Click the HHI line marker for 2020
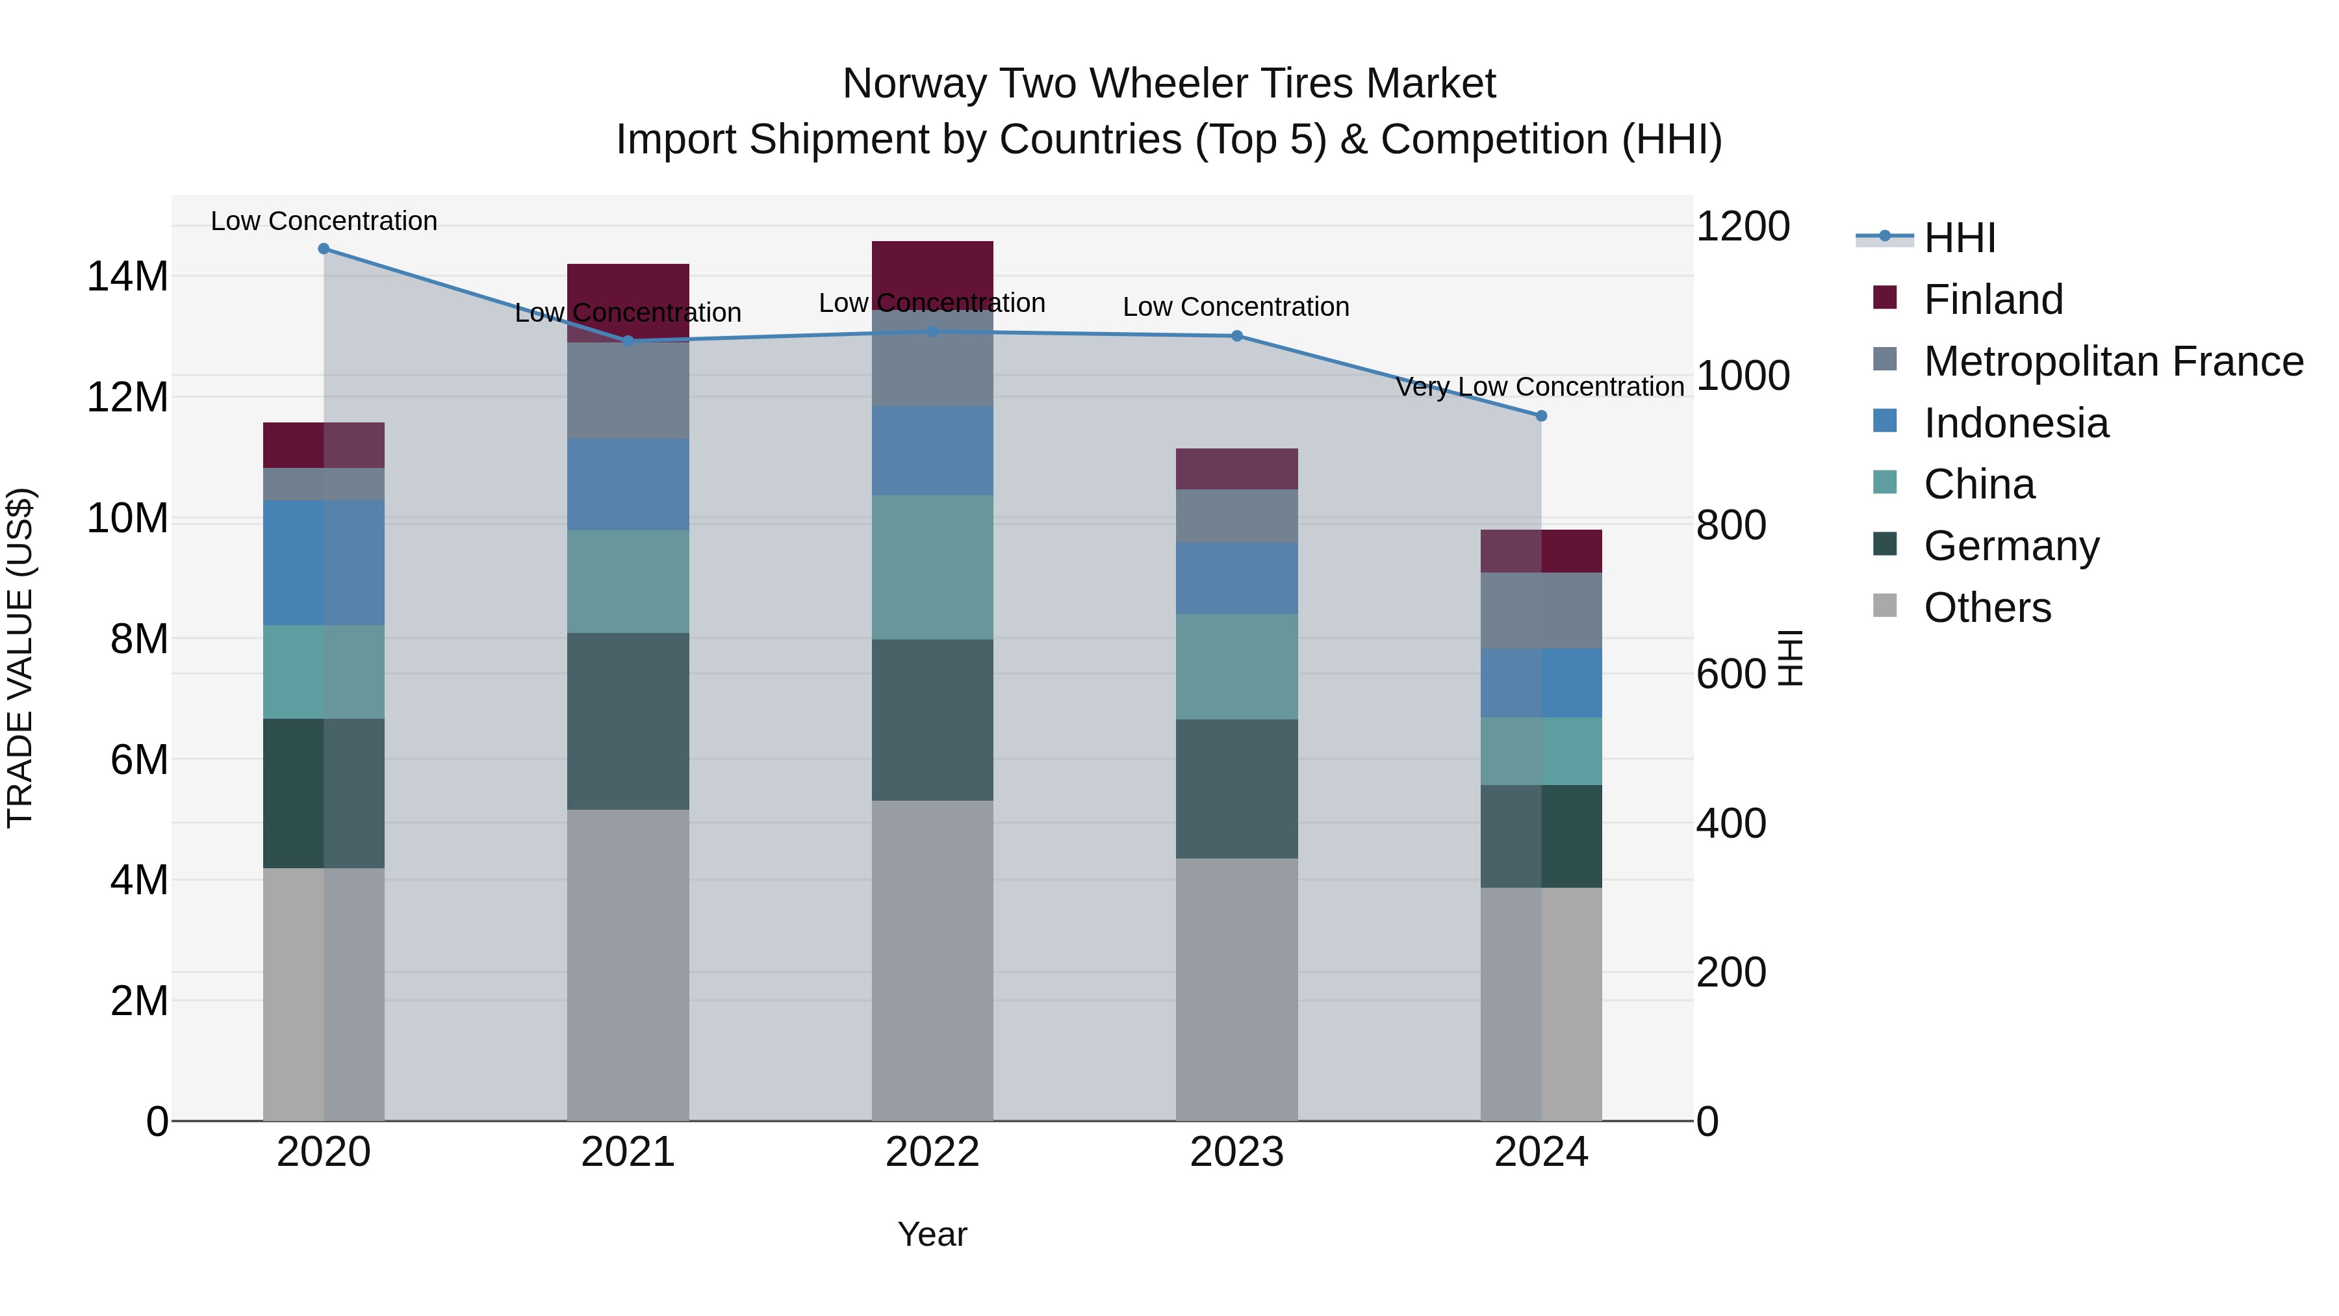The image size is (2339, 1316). [x=324, y=249]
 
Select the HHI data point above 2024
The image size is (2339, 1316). [x=1541, y=416]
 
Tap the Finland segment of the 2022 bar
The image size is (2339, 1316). [x=932, y=270]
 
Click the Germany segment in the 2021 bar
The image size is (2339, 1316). [x=628, y=721]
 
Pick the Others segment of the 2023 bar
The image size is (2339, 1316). [x=1236, y=989]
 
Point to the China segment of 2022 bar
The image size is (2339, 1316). [x=932, y=567]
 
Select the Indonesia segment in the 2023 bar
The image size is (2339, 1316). [x=1236, y=578]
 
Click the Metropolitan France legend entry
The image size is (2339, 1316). [x=2113, y=361]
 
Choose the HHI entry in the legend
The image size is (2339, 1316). [x=1960, y=238]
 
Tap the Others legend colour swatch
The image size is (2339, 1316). [x=1885, y=606]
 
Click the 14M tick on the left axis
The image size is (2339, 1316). [x=127, y=276]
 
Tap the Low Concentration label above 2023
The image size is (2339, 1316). [x=1236, y=307]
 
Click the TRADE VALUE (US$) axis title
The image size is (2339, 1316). [x=21, y=658]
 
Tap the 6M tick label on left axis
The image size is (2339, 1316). [x=139, y=759]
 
